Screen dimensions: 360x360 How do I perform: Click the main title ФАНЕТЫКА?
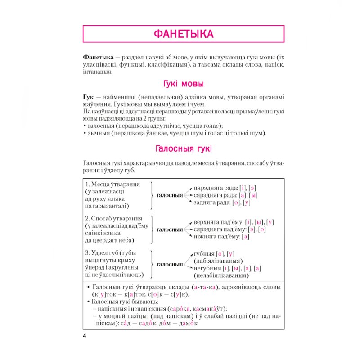pos(183,34)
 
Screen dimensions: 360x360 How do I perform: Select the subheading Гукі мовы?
pos(183,84)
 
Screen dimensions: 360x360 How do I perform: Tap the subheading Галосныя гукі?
pos(183,148)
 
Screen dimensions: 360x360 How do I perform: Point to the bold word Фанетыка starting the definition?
pos(98,58)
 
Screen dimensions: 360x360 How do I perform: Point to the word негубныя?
pos(207,268)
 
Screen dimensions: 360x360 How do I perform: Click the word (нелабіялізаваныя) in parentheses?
pos(221,275)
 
